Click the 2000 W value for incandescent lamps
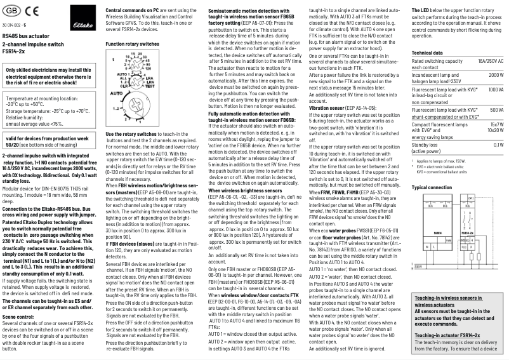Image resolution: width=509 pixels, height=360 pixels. tap(495, 75)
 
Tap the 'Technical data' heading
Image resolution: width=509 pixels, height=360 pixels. tap(427, 53)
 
